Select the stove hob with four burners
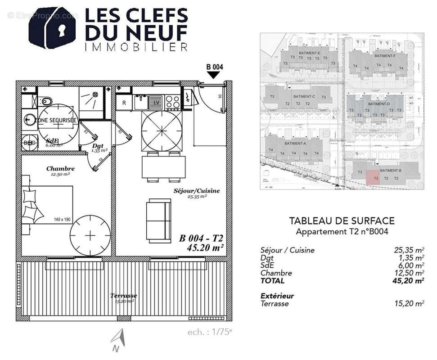coord(172,102)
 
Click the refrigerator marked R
coord(124,102)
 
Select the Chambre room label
coord(60,169)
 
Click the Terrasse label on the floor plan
coord(124,296)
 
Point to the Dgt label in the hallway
coord(98,146)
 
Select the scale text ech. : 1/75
coord(210,332)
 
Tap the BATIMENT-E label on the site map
coord(307,53)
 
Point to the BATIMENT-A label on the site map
coord(295,144)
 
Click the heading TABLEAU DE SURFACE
coord(342,220)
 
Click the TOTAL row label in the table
coord(272,281)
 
